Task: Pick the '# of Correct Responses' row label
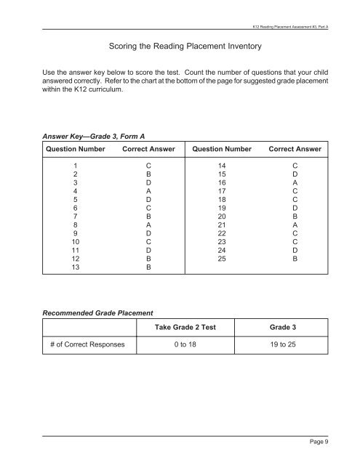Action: pos(87,347)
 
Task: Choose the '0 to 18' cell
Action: pos(188,347)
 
